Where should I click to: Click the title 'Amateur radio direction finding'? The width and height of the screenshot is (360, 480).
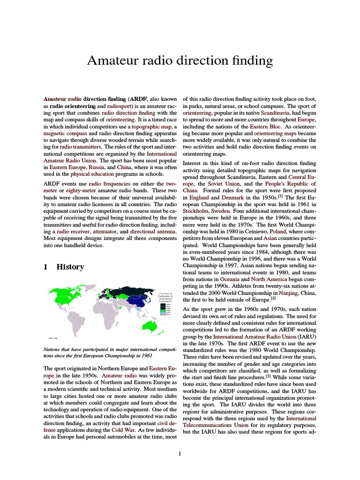pyautogui.click(x=180, y=60)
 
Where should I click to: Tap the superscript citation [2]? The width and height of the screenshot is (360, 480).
pyautogui.click(x=273, y=299)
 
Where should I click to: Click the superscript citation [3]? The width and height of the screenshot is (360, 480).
pyautogui.click(x=268, y=375)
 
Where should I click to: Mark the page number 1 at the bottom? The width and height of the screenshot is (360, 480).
pyautogui.click(x=180, y=454)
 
